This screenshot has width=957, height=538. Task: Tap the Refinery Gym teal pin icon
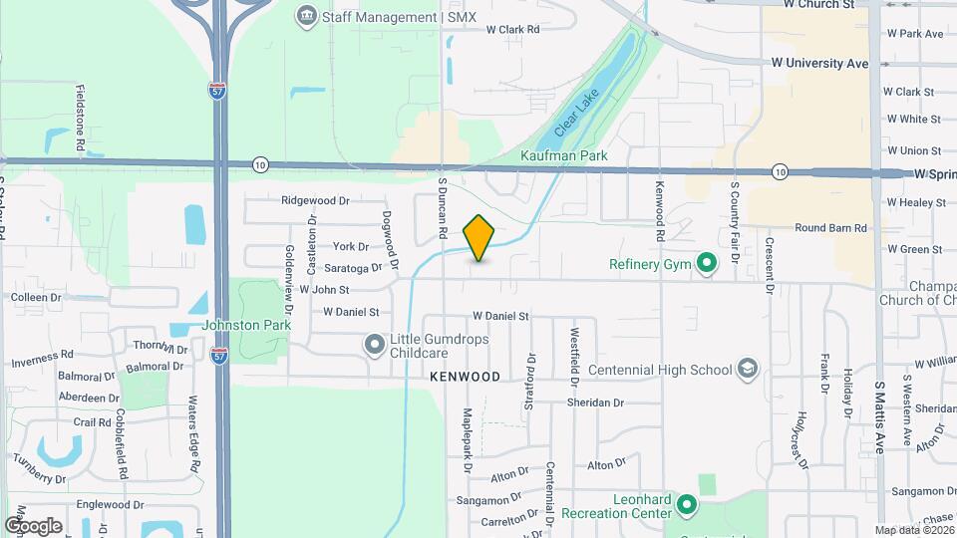point(707,264)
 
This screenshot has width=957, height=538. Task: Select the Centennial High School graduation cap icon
point(747,370)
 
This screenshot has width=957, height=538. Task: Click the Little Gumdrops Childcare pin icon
point(375,345)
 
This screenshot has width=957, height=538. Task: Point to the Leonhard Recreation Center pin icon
point(686,505)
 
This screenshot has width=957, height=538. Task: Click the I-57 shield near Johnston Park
point(219,354)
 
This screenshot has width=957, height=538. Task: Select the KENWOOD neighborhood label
point(465,378)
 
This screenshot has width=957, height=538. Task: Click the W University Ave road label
point(820,63)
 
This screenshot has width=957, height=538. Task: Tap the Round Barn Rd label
point(830,227)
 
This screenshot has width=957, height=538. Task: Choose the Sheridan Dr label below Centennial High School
point(595,403)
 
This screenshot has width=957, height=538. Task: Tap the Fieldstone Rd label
point(81,112)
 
